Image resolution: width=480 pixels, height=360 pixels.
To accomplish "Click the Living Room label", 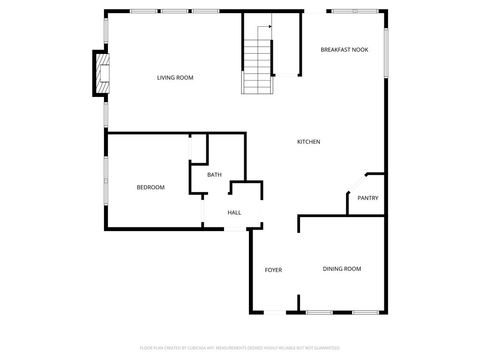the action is [175, 78].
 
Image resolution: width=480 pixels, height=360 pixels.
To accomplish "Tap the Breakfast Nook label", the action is [345, 50].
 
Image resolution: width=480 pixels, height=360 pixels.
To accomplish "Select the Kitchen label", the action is [308, 142].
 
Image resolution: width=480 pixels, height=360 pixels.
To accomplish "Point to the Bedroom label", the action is [150, 187].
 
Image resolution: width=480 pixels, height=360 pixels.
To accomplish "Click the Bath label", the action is [214, 175].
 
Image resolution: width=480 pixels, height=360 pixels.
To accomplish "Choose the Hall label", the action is [234, 212].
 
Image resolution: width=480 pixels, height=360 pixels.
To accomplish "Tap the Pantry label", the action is [368, 198].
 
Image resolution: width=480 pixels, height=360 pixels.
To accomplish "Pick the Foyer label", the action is [273, 270].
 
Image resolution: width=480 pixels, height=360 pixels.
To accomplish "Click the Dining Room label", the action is [342, 269].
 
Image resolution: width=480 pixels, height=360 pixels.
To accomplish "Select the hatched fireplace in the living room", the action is [103, 74].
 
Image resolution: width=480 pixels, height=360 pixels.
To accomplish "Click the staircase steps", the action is [257, 67].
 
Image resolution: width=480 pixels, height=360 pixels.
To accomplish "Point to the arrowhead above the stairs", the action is [270, 27].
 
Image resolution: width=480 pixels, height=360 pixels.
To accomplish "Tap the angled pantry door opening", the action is [357, 184].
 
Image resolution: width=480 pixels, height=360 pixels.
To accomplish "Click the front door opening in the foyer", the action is [275, 313].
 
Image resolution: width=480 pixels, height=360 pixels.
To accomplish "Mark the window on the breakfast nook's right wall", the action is [386, 53].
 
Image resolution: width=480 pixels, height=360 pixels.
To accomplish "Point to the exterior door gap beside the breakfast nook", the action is [315, 11].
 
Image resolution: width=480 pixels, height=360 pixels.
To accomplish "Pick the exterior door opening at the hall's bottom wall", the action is [235, 229].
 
